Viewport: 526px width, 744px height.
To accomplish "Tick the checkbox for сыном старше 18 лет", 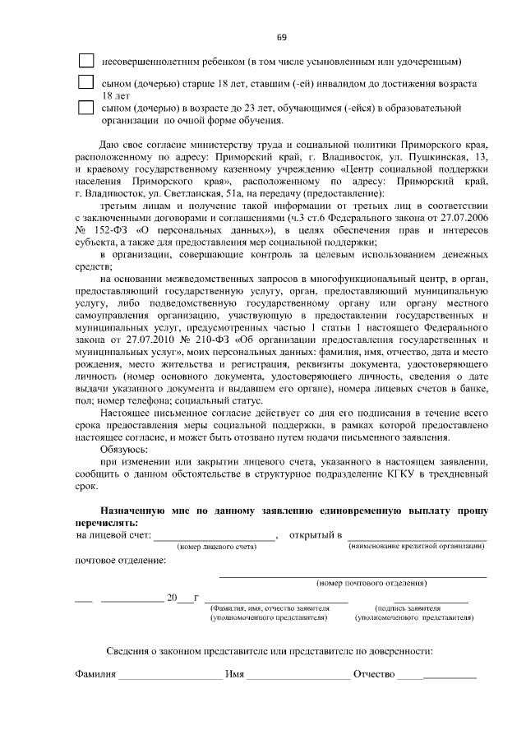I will click(85, 83).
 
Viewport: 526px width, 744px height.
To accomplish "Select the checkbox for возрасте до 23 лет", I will click(85, 107).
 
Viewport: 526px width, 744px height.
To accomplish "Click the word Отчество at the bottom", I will click(374, 675).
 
